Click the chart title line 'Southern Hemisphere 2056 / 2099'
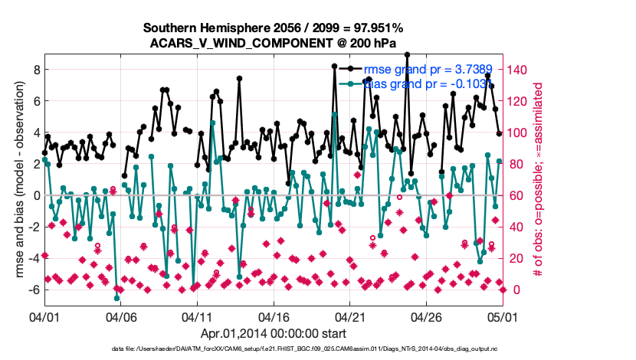coord(274,28)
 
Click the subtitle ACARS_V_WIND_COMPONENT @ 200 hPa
coord(274,42)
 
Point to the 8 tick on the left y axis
coord(35,69)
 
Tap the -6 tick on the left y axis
coord(33,290)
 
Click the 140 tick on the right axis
coord(518,70)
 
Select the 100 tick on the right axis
coord(518,133)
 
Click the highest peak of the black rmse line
coord(408,54)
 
